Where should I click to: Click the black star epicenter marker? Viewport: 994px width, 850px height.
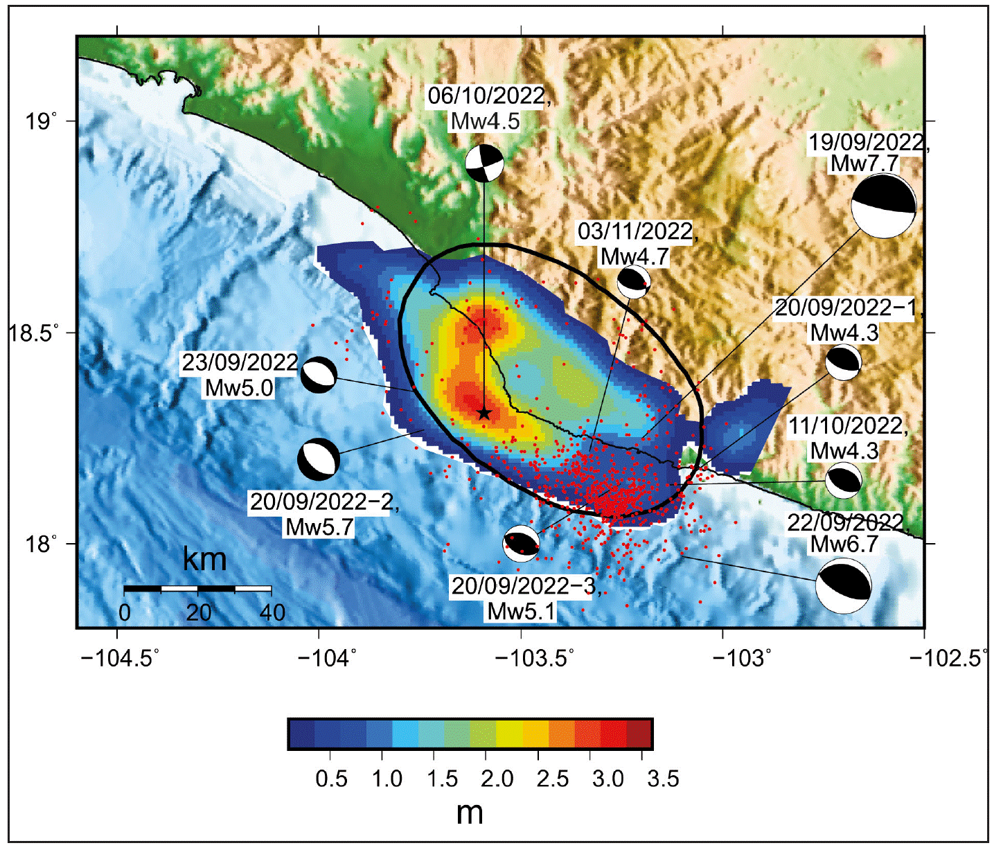[x=484, y=413]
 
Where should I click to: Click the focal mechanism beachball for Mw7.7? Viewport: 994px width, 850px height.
[x=883, y=206]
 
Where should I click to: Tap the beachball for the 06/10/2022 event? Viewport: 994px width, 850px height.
[x=484, y=163]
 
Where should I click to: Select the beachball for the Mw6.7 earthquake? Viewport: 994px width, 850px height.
[x=843, y=585]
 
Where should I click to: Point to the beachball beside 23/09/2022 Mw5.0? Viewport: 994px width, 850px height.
[x=319, y=375]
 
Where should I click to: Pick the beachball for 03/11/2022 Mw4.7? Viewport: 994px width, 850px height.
[x=633, y=281]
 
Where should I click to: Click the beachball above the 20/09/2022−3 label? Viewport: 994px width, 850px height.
[x=521, y=543]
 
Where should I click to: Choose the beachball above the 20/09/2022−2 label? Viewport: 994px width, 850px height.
[x=319, y=459]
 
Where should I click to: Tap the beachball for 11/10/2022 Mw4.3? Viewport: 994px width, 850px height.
[x=843, y=480]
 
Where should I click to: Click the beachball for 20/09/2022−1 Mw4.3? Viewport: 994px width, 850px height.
[x=843, y=362]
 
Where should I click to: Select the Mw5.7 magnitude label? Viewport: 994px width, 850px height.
[x=320, y=527]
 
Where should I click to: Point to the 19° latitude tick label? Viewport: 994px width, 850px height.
[x=41, y=121]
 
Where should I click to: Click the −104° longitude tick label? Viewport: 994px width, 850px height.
[x=326, y=657]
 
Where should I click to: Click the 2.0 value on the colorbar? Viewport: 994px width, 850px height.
[x=497, y=779]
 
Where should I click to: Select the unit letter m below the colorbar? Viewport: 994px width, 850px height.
[x=470, y=813]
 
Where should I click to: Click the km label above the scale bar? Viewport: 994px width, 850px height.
[x=204, y=558]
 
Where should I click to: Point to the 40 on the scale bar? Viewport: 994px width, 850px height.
[x=272, y=612]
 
